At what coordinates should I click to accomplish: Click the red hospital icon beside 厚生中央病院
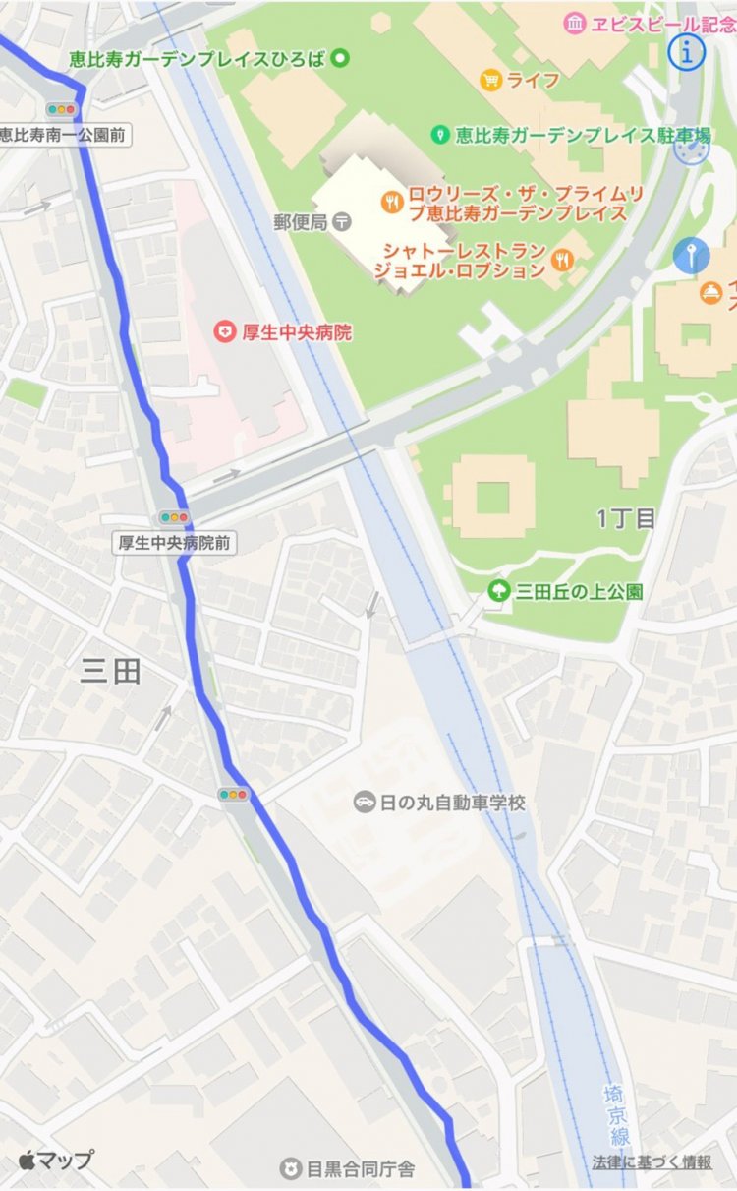click(225, 332)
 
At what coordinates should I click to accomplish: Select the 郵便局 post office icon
click(341, 222)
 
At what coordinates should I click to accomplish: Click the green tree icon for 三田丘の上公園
click(499, 591)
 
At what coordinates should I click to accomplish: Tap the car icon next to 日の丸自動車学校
click(364, 803)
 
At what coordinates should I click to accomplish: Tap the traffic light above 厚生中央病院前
click(174, 517)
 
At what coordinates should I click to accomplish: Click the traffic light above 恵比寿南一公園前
click(61, 110)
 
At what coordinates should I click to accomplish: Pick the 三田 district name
click(111, 671)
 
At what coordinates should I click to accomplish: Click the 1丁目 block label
click(626, 518)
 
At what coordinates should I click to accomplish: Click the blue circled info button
click(687, 53)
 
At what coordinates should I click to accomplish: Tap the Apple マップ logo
click(55, 1159)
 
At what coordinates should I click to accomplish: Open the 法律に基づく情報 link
click(652, 1162)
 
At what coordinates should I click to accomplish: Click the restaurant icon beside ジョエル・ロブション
click(561, 260)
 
